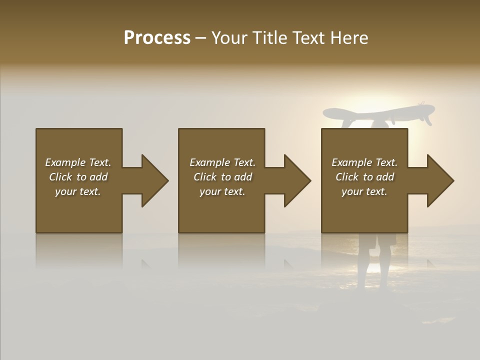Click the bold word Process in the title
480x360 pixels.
click(157, 38)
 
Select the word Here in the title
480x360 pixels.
click(349, 38)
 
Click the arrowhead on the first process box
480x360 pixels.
click(152, 180)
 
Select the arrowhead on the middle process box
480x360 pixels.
click(295, 180)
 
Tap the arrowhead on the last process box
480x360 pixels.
click(438, 180)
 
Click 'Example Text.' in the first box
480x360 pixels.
click(78, 162)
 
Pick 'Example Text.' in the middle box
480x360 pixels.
click(222, 162)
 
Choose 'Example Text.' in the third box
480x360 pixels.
click(364, 162)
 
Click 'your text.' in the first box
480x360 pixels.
click(78, 191)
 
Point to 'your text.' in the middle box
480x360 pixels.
click(222, 191)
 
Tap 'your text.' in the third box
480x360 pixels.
click(364, 191)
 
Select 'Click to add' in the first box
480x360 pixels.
click(78, 177)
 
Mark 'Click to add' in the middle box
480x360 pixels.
click(222, 177)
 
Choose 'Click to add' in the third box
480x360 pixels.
click(364, 177)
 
